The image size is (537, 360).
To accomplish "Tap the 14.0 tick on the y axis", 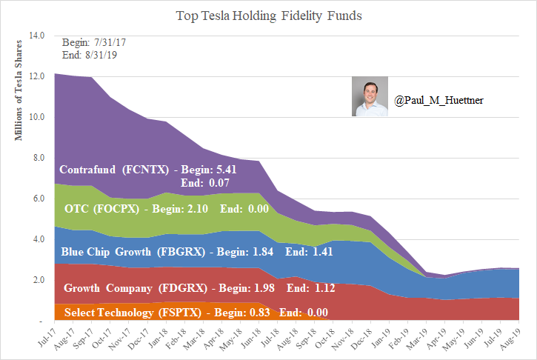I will click(36, 36).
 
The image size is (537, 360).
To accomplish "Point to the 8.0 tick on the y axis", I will click(38, 158).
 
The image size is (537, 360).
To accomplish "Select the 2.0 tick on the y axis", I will click(38, 280).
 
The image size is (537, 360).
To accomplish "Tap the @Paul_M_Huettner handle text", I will click(439, 99).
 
